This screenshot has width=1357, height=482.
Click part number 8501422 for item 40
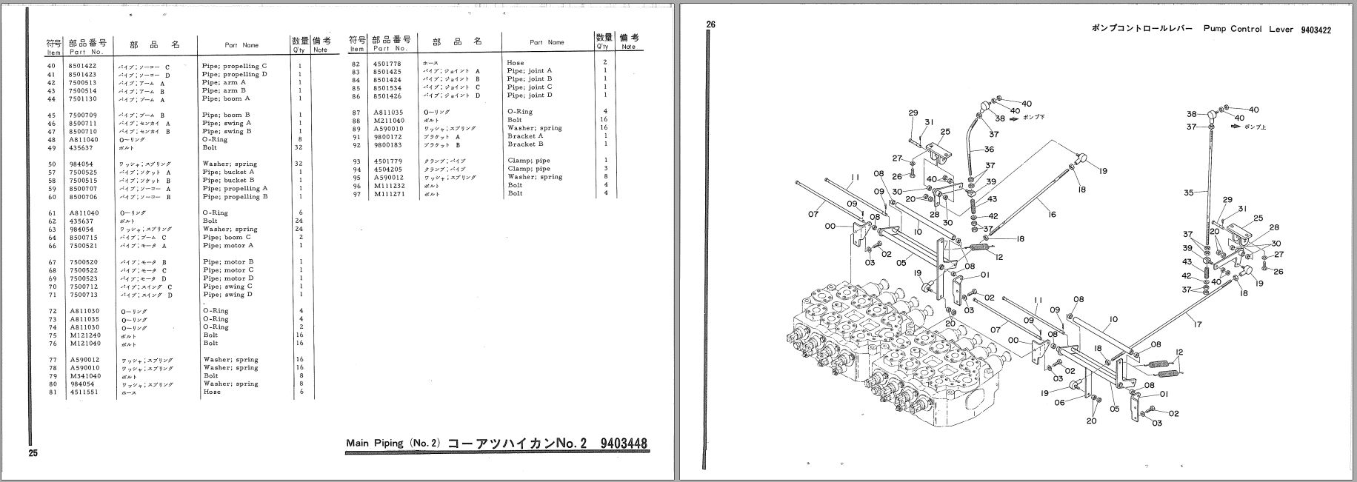[83, 67]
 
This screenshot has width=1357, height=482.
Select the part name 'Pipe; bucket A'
[229, 173]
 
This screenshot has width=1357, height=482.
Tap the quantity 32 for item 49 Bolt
[299, 148]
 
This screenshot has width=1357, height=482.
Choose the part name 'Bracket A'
[525, 136]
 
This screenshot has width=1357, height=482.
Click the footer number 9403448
[624, 443]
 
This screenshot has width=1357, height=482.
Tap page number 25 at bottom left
[33, 453]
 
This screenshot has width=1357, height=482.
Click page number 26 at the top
[710, 24]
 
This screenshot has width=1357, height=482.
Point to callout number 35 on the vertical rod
[1188, 193]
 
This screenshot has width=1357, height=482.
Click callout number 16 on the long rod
[1051, 214]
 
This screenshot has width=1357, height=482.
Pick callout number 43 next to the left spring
[993, 199]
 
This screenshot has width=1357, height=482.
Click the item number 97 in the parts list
[356, 193]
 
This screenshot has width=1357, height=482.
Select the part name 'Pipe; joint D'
[530, 96]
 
